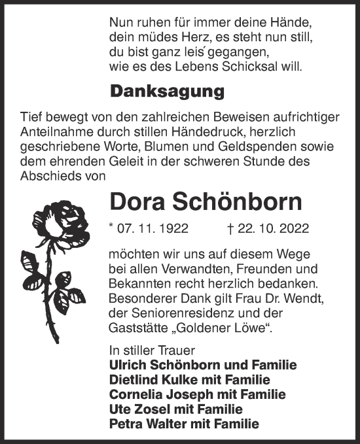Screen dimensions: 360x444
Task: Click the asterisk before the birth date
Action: [112, 228]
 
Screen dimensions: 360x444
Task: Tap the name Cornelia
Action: [134, 395]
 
